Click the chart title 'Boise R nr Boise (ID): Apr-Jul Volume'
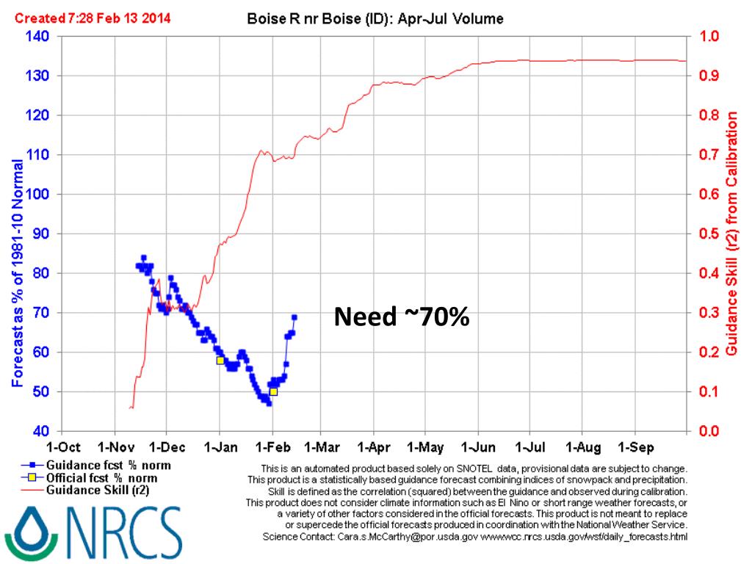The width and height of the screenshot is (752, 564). point(375,20)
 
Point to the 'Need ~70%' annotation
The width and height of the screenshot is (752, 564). point(402,317)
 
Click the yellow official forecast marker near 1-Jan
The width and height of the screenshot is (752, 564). point(220,361)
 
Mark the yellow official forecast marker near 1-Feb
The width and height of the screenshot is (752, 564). point(274,392)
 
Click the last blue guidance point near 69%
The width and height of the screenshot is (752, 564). point(294,317)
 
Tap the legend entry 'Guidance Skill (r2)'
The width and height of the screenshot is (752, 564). point(96,491)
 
